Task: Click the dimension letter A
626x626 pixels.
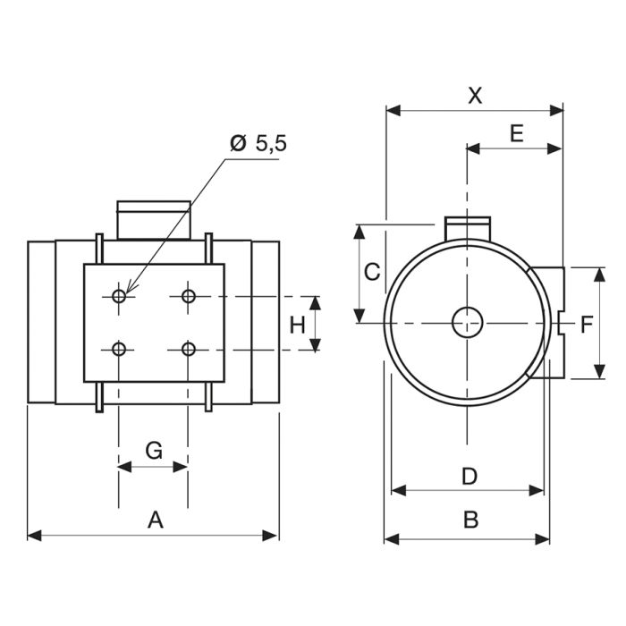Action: (x=155, y=519)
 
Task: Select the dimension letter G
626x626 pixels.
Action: (x=154, y=450)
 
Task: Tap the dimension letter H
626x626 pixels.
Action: (x=298, y=324)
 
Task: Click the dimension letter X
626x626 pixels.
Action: (x=475, y=96)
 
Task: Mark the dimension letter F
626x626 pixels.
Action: (x=586, y=324)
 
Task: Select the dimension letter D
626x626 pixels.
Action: (x=469, y=476)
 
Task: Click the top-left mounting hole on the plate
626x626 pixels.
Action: (x=120, y=296)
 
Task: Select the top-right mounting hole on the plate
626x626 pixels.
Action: (x=188, y=296)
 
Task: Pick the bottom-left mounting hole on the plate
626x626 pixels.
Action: (x=120, y=348)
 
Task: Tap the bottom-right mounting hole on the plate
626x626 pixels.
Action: (x=188, y=348)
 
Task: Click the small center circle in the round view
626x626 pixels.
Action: (x=466, y=322)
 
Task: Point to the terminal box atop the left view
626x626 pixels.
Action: (x=153, y=220)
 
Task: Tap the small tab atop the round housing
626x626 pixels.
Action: (x=466, y=225)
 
